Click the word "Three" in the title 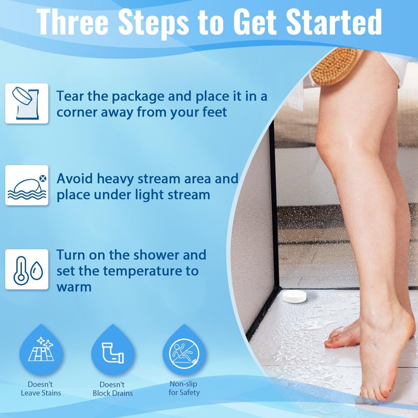[73, 21]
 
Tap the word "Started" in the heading [334, 21]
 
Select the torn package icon [27, 103]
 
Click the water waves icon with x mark [27, 185]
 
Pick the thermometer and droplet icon [27, 269]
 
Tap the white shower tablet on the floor [294, 296]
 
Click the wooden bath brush [336, 66]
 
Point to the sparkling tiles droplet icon [41, 349]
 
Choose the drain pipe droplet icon [113, 349]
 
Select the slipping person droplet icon [184, 349]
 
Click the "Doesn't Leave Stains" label [41, 388]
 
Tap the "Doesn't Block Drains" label [113, 389]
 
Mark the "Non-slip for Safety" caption [184, 388]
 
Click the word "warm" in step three [74, 287]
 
